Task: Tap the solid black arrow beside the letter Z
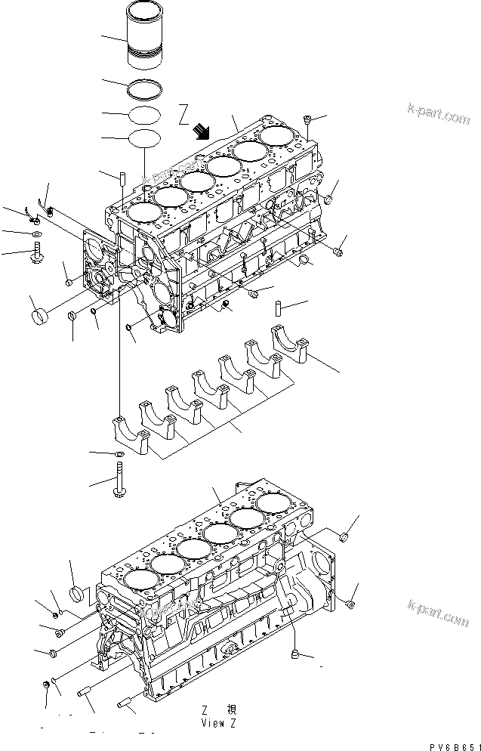[x=201, y=132]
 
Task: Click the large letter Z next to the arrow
[x=183, y=114]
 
